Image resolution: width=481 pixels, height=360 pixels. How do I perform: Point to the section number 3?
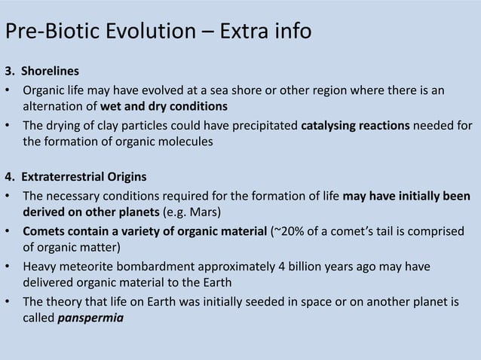click(x=10, y=73)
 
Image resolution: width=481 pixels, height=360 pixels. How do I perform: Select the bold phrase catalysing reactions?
click(x=355, y=125)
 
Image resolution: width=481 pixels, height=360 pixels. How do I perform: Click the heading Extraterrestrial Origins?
click(x=84, y=178)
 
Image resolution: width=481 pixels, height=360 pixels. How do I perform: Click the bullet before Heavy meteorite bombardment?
click(x=9, y=266)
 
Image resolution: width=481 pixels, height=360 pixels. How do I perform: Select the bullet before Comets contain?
click(x=9, y=231)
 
